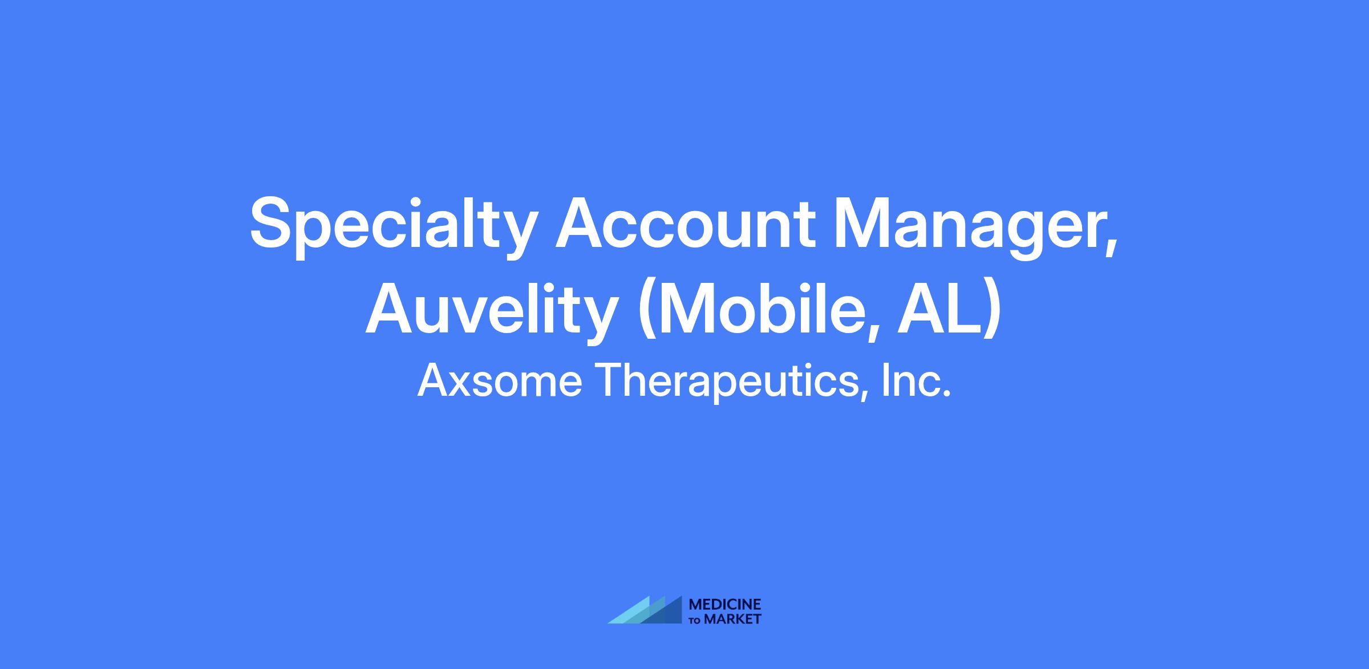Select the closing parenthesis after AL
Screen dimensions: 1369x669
point(991,313)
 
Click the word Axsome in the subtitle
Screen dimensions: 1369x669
point(500,381)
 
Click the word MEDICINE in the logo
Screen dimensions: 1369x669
point(725,605)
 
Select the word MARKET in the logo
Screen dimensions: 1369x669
point(732,619)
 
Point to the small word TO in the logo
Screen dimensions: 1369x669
point(695,621)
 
